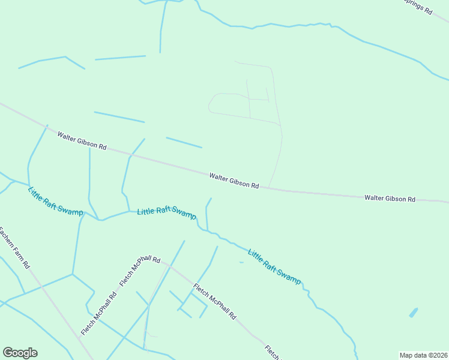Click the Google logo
[20, 353]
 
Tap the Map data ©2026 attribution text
[423, 355]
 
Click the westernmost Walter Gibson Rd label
[82, 142]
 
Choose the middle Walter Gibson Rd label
[234, 181]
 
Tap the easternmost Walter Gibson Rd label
[390, 198]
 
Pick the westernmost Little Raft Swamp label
[55, 201]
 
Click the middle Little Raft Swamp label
[166, 212]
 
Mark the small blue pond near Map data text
[414, 313]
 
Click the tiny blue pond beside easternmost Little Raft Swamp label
[241, 262]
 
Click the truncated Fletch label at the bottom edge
[273, 353]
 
